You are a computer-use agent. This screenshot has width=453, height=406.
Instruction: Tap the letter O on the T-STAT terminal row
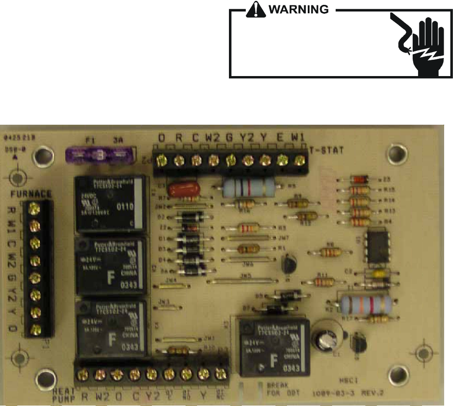(x=162, y=138)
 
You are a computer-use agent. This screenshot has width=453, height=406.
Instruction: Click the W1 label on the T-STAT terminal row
(x=297, y=138)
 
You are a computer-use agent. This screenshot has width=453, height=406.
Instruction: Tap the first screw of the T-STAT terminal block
(x=163, y=159)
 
